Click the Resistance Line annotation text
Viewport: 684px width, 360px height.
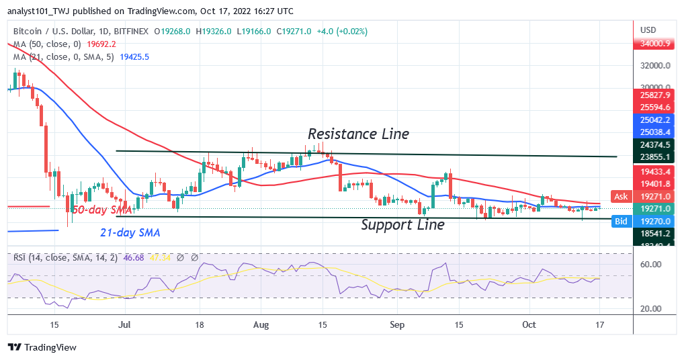point(358,134)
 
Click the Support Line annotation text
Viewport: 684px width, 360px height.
point(402,225)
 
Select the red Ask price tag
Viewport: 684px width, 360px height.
point(619,196)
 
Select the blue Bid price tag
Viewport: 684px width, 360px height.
point(620,220)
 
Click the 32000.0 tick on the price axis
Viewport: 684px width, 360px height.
point(655,66)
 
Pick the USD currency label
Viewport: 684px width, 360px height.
point(648,30)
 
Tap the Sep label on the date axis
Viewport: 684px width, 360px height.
point(396,324)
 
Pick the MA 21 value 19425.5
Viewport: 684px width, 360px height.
point(134,57)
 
